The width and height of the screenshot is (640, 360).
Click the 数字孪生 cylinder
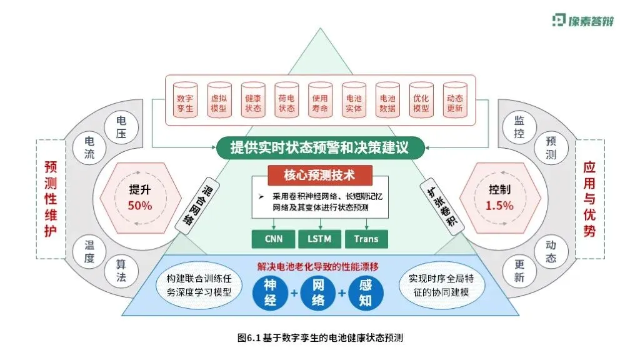pos(185,100)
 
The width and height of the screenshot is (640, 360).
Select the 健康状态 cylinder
pos(252,100)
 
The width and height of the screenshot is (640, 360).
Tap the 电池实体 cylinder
pos(354,100)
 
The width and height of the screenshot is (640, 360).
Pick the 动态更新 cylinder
pos(455,100)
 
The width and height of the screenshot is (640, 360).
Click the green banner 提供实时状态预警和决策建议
pos(320,147)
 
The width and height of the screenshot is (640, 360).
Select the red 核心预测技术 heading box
pos(320,176)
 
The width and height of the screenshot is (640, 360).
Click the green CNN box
pos(272,239)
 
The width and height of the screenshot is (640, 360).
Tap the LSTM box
pos(319,239)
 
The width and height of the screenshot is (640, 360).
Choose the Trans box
pos(366,239)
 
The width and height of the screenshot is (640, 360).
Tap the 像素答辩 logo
pos(584,20)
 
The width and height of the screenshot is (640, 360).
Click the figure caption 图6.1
pos(320,338)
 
